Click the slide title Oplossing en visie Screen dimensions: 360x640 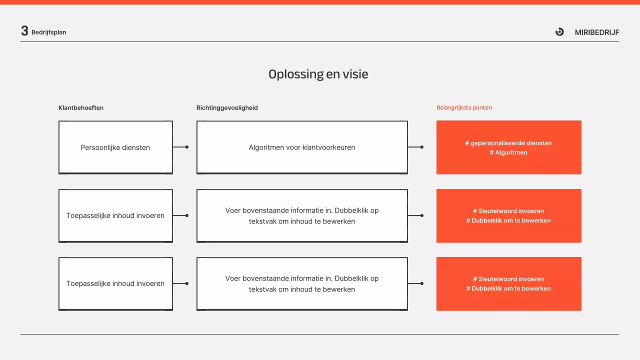[x=318, y=74]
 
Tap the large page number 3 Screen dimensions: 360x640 [x=24, y=31]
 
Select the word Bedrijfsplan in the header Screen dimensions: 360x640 [x=48, y=32]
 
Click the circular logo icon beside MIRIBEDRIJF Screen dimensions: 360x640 [x=559, y=32]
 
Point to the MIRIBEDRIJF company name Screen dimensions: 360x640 [x=597, y=32]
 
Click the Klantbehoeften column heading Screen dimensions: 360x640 [x=81, y=108]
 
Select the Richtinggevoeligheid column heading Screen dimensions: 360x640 [x=227, y=108]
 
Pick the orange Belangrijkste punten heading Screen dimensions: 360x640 [x=464, y=108]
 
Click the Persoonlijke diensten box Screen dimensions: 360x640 [x=115, y=147]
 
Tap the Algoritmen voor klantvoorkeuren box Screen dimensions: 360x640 [x=302, y=147]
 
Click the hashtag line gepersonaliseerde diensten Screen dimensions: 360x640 [x=508, y=143]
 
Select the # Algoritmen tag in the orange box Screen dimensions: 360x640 [x=508, y=152]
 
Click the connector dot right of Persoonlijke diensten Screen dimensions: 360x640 [x=187, y=147]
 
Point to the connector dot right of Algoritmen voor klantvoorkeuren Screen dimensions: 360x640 [x=422, y=147]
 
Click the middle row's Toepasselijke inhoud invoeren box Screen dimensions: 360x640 [x=115, y=215]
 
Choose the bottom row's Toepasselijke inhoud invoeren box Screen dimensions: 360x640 [x=115, y=283]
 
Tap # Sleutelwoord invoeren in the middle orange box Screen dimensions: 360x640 [x=508, y=211]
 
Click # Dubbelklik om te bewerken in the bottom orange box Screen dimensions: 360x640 [x=508, y=288]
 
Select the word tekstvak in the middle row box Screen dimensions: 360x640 [x=262, y=221]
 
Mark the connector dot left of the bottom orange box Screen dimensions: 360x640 [x=422, y=283]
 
